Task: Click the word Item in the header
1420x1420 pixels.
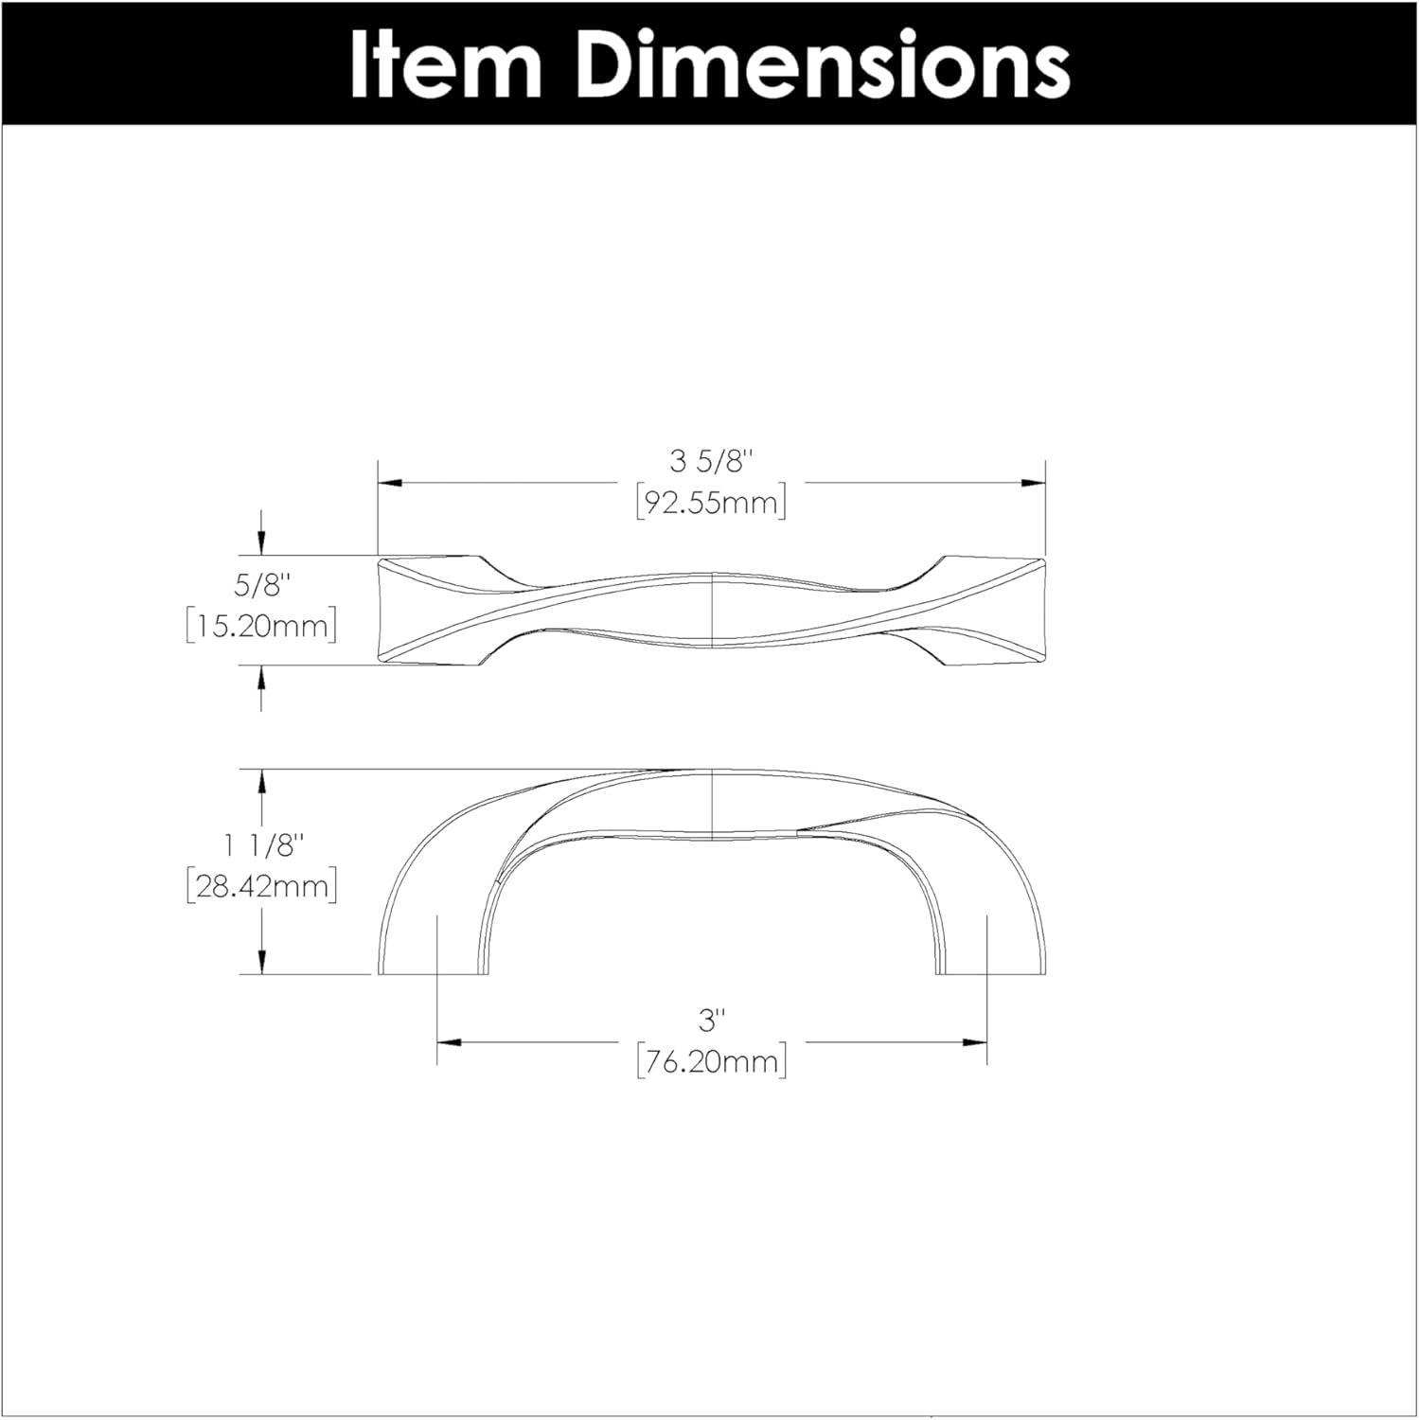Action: coord(445,63)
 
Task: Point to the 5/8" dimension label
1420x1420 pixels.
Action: coord(260,586)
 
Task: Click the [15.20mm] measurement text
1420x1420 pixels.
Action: coord(260,626)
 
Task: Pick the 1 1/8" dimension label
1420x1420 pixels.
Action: coord(260,845)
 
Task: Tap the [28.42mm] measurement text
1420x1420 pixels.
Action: coord(260,886)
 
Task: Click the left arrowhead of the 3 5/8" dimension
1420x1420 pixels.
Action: coord(391,483)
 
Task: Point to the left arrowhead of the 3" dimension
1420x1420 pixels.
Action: coord(450,1043)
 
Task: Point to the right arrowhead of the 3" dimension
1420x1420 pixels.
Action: coord(974,1043)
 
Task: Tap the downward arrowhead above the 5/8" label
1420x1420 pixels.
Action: coord(261,543)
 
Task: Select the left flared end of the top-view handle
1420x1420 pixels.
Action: coord(426,611)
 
